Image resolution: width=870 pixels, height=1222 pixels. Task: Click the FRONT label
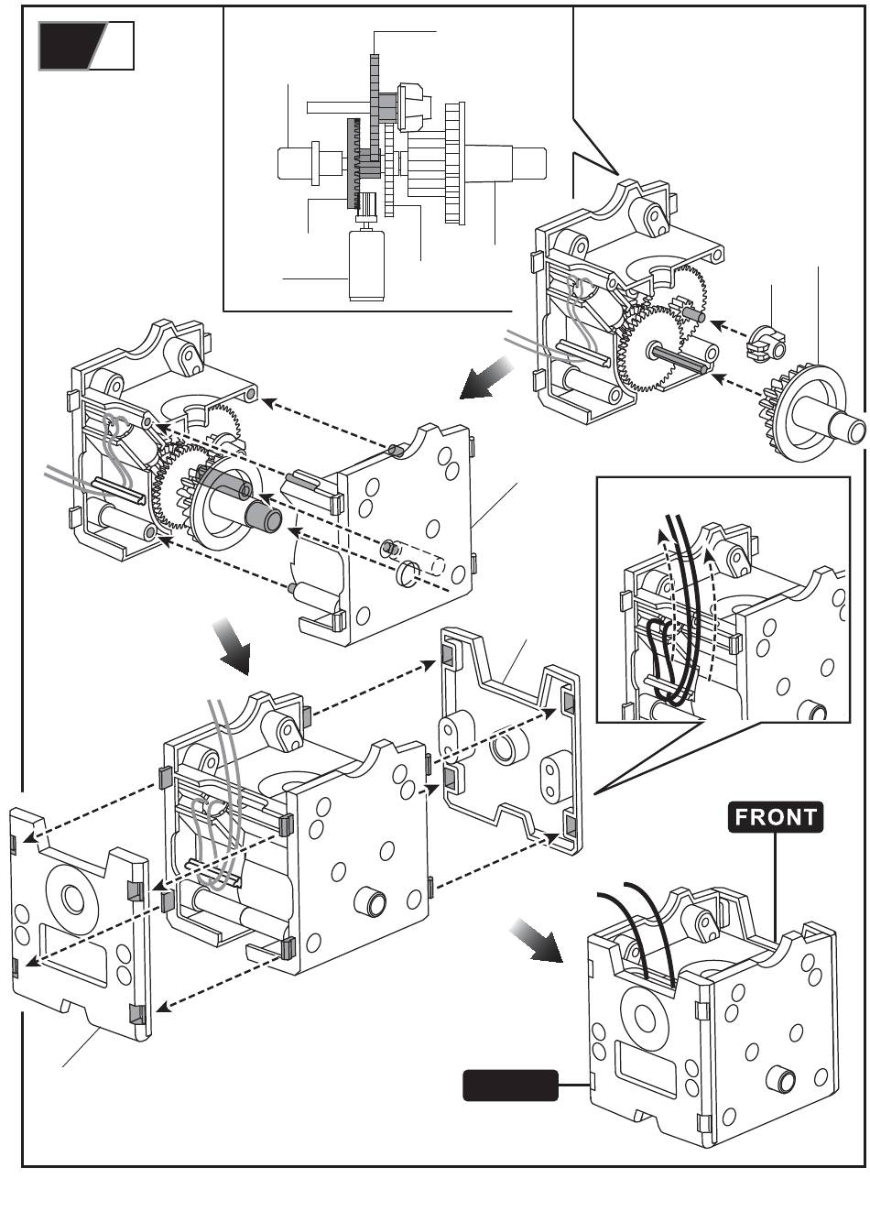pyautogui.click(x=776, y=816)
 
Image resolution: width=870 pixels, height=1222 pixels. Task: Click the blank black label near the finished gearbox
pyautogui.click(x=511, y=1085)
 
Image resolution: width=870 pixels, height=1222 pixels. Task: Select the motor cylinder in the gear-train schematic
pyautogui.click(x=370, y=265)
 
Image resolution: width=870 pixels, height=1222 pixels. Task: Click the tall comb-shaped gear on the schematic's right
pyautogui.click(x=453, y=163)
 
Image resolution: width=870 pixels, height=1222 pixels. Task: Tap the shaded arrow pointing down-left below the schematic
pyautogui.click(x=486, y=378)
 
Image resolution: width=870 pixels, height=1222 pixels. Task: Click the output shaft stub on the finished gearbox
pyautogui.click(x=784, y=1079)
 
